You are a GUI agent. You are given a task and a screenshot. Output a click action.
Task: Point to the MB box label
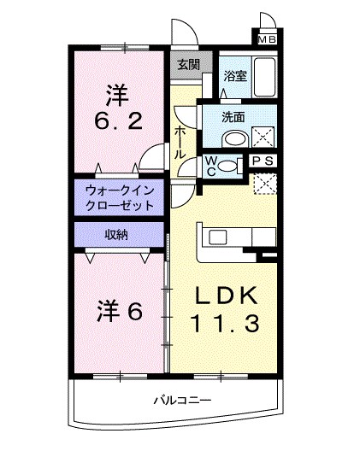pyautogui.click(x=267, y=38)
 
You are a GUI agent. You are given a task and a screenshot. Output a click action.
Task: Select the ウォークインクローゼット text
pyautogui.click(x=119, y=198)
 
